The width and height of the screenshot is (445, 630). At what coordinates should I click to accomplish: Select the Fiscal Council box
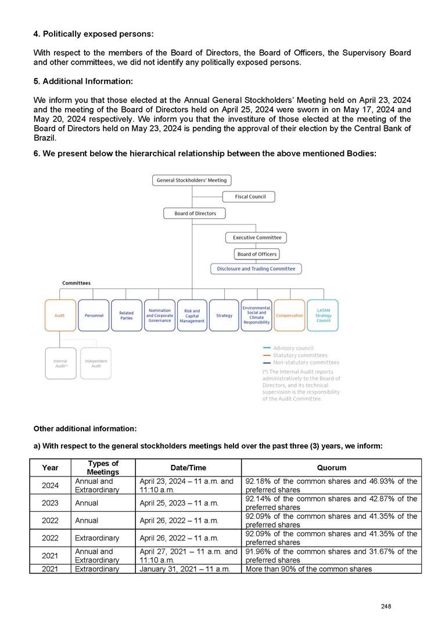pos(250,197)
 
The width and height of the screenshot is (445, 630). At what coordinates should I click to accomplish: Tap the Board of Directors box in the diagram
pos(195,213)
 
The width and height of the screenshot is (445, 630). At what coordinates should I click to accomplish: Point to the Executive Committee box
pos(257,237)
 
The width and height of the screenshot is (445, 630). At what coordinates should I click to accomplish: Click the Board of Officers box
pos(257,254)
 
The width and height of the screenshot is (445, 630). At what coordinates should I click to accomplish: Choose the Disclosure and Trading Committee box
pos(256,269)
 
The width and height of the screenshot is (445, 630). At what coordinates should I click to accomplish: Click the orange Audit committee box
pos(60,315)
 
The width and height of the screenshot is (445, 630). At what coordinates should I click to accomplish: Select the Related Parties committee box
pos(126,315)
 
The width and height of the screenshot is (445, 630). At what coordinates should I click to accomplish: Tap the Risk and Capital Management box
pos(192,315)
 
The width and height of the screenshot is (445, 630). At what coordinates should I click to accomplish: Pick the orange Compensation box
pos(289,315)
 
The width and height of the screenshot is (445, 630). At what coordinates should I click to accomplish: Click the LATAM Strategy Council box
pos(323,315)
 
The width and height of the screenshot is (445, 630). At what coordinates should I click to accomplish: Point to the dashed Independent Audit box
pos(96,363)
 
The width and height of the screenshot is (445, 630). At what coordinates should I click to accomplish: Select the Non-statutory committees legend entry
pos(306,362)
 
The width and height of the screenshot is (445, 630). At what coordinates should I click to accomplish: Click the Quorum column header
pos(331,468)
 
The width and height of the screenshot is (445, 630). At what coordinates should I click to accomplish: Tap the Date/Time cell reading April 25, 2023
pos(179,503)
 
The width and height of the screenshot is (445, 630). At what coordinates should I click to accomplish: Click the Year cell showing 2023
pos(50,503)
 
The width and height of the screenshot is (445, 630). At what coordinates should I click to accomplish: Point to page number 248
pos(386,606)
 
